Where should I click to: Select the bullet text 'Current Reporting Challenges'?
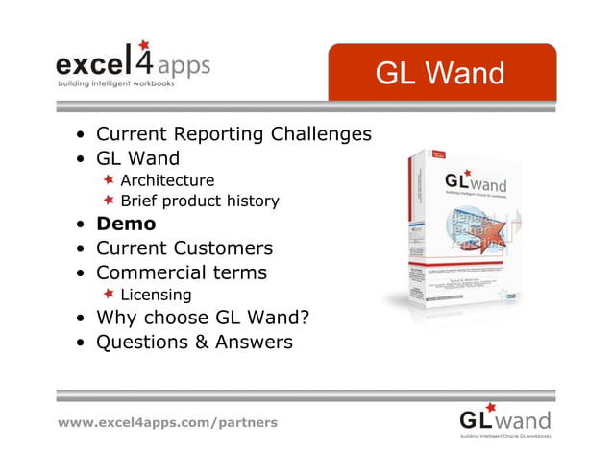click(x=233, y=134)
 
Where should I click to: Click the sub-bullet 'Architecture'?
click(x=167, y=180)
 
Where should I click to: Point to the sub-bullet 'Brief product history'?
click(x=200, y=201)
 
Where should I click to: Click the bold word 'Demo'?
click(x=126, y=225)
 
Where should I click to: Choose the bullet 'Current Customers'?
click(x=184, y=248)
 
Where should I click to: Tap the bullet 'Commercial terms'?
click(x=182, y=272)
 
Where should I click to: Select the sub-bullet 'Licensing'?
click(x=156, y=295)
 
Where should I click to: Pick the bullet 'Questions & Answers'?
click(x=194, y=342)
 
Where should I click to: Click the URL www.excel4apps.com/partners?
click(x=168, y=422)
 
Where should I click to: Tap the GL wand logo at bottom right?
click(x=504, y=420)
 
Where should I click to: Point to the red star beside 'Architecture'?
click(x=110, y=179)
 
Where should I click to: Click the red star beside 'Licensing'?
click(x=110, y=294)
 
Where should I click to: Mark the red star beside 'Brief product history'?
click(x=110, y=201)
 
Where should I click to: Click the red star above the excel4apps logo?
click(x=143, y=44)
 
